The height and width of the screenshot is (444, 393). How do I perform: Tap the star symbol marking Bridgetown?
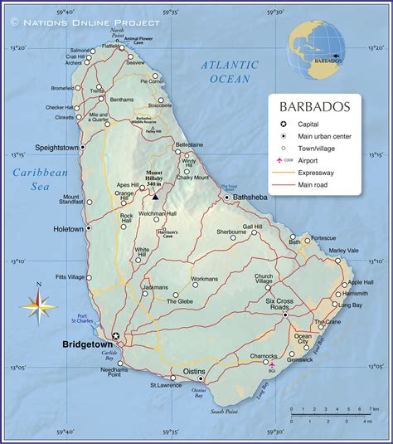[x=116, y=335]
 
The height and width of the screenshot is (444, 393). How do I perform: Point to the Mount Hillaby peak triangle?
[x=155, y=197]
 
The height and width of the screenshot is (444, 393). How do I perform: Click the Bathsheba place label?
[x=252, y=198]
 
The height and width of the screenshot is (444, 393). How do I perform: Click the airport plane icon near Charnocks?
[x=272, y=363]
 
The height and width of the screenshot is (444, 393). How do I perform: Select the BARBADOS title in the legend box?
[x=314, y=107]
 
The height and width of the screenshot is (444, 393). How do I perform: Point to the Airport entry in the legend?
[x=308, y=159]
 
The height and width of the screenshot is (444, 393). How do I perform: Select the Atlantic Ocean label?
[x=230, y=71]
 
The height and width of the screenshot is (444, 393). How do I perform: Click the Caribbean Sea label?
[x=39, y=178]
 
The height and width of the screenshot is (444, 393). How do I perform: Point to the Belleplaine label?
[x=188, y=144]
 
